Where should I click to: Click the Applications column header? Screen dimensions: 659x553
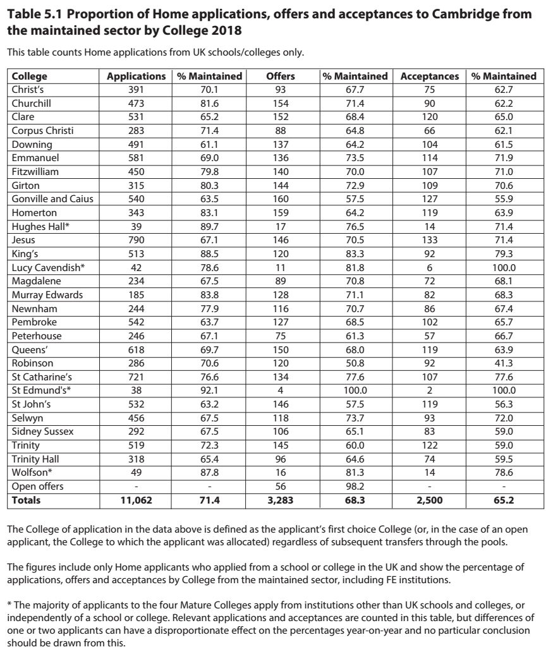(136, 76)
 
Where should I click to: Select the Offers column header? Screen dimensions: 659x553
(280, 76)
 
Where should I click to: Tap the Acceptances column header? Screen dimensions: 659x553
(430, 76)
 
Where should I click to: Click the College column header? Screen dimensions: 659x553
(29, 76)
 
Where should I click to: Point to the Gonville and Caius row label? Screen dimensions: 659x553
(52, 199)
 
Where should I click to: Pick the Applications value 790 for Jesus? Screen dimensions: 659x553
(136, 240)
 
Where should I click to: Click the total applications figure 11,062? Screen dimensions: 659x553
(136, 500)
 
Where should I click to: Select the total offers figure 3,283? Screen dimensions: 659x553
(280, 500)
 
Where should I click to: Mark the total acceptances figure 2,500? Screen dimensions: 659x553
(430, 500)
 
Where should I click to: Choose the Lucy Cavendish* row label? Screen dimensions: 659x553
(48, 267)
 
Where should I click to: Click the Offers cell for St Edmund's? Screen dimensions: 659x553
(280, 390)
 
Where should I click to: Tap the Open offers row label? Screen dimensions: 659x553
(37, 487)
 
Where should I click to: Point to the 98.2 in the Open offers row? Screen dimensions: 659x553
(355, 487)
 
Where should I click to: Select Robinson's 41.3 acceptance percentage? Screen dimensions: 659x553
(504, 363)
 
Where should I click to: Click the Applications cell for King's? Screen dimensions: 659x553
(136, 254)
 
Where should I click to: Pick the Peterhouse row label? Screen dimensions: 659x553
(37, 336)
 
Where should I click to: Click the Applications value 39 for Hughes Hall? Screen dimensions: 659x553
(136, 226)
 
